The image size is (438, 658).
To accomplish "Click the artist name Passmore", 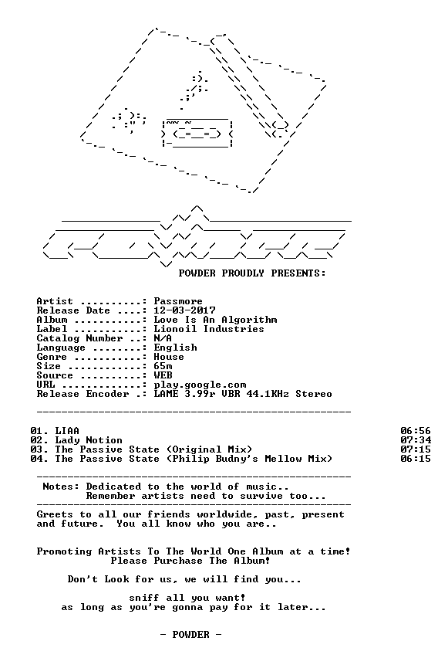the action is click(x=178, y=301).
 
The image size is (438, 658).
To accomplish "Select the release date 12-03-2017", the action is click(x=184, y=310).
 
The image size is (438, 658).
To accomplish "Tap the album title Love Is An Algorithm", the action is click(x=215, y=320).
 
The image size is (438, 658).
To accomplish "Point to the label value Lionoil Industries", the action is click(x=209, y=329).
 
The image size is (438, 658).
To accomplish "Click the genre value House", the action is click(x=169, y=357).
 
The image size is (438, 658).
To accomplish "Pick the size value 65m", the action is click(x=163, y=366).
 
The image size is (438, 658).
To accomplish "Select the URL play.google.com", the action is click(x=200, y=385).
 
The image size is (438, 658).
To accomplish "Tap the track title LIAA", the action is click(x=67, y=431).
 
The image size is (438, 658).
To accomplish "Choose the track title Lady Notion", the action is click(x=89, y=440).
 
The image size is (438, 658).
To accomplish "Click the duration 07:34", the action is click(x=416, y=440).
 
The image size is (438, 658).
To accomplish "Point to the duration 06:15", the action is click(x=416, y=459).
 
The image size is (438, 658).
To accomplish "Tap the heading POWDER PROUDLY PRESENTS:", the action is click(x=252, y=273).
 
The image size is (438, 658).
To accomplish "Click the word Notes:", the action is click(x=61, y=487).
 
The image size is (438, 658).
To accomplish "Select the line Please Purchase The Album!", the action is click(x=190, y=561).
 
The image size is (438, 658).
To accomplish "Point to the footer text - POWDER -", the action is click(x=190, y=635).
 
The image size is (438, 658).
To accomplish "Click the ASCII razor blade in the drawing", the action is click(x=197, y=134).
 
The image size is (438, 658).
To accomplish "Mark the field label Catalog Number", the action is click(x=79, y=338).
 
